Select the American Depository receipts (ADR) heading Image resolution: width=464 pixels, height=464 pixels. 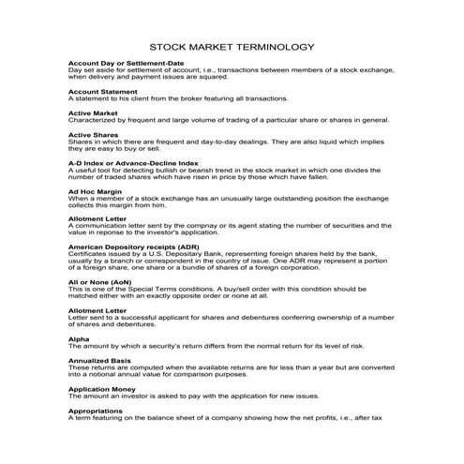(x=134, y=247)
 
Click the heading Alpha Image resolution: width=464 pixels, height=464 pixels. (x=79, y=337)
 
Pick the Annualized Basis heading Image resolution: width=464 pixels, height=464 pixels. (x=102, y=359)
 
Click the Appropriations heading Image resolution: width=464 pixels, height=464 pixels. (x=96, y=410)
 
